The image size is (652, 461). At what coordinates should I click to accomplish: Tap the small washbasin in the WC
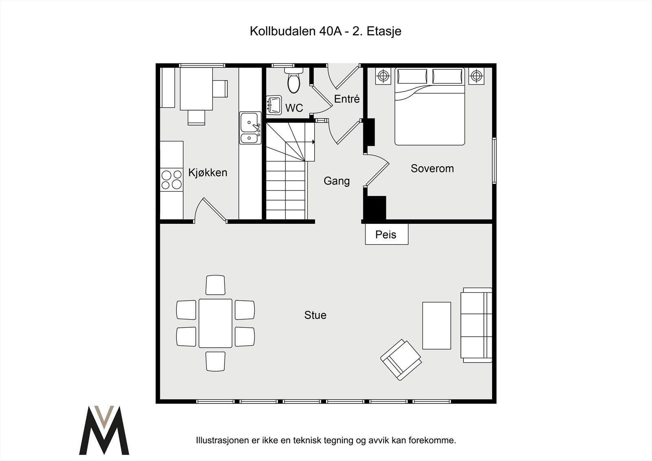click(274, 105)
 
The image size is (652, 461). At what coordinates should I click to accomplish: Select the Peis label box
click(386, 234)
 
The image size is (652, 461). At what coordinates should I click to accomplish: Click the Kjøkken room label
click(207, 172)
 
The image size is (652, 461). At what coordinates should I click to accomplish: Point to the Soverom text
click(432, 168)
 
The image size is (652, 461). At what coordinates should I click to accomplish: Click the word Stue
click(315, 315)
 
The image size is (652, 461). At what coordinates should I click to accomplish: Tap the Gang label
click(337, 181)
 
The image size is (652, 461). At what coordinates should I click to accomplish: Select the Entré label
click(347, 99)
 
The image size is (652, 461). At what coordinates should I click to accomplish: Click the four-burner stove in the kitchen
click(171, 180)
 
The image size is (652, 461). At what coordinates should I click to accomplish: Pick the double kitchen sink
click(250, 128)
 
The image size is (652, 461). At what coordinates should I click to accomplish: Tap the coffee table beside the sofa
click(436, 325)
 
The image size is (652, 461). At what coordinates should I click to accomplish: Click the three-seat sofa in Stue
click(476, 325)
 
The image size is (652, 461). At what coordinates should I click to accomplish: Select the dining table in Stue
click(215, 323)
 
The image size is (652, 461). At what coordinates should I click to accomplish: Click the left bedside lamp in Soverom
click(383, 76)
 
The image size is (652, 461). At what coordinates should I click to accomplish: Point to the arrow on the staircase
click(313, 142)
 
